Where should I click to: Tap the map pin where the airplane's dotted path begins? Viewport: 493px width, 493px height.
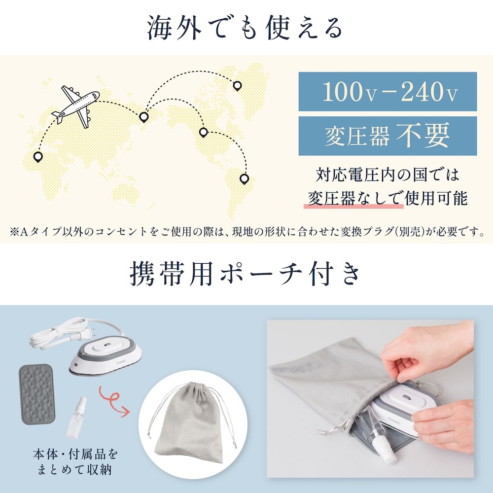[x=38, y=157]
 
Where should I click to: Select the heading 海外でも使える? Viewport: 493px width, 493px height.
[x=245, y=28]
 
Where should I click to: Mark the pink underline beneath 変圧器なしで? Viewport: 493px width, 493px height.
[x=353, y=207]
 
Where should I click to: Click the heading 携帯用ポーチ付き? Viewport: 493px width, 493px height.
[x=245, y=275]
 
